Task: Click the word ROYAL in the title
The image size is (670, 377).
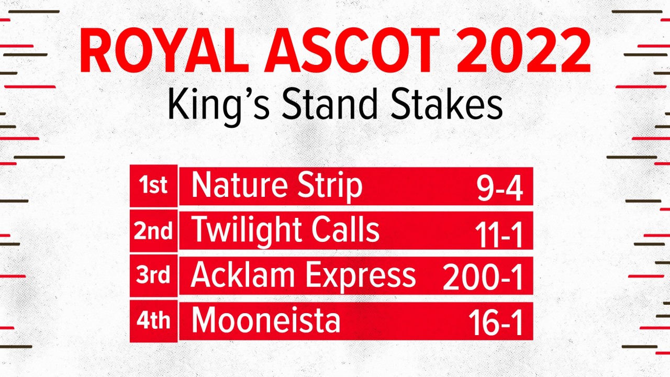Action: pos(164,50)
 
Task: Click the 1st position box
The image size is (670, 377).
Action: pos(154,186)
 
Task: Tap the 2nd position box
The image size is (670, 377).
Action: pos(154,231)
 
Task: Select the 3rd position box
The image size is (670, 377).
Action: pos(154,275)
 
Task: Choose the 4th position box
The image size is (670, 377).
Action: pos(154,321)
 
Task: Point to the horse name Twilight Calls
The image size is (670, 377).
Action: pos(285,231)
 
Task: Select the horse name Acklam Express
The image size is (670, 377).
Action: pos(303,276)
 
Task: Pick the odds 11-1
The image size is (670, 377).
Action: pos(499,235)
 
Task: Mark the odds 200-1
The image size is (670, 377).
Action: pos(483,277)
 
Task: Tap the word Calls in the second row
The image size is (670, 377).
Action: pos(345,229)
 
